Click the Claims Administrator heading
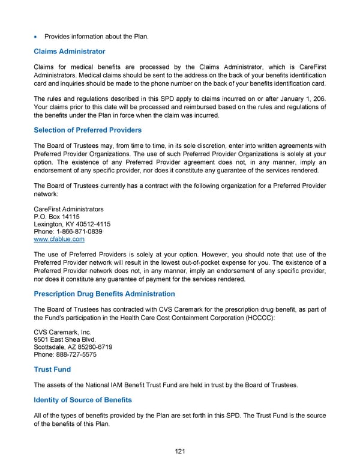(69, 52)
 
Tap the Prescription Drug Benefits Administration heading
(104, 294)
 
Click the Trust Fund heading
(52, 370)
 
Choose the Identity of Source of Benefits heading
(83, 400)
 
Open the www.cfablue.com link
(59, 240)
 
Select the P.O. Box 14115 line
(57, 217)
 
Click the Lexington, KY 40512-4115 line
(72, 225)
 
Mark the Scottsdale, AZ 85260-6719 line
(73, 347)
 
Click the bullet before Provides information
(37, 37)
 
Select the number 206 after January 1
(319, 99)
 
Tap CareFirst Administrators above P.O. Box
(68, 210)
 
